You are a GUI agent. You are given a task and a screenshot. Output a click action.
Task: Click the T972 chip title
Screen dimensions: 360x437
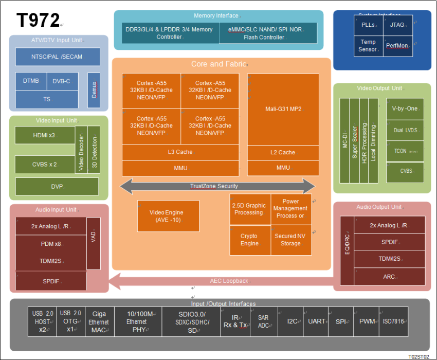[x=38, y=21]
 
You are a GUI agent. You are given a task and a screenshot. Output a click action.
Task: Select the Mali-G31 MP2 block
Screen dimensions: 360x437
[x=283, y=110]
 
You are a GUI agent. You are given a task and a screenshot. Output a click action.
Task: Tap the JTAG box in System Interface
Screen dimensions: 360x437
[x=397, y=25]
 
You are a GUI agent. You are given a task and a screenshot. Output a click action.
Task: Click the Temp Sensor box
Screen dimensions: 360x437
[x=368, y=46]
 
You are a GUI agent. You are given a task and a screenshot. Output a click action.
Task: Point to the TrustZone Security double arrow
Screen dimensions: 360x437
[x=217, y=186]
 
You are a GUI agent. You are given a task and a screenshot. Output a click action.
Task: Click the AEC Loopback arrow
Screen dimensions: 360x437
[x=226, y=281]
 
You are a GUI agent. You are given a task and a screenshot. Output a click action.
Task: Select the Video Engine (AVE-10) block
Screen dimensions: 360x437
[x=168, y=216]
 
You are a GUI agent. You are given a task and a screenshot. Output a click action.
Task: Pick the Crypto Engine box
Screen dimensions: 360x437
[x=249, y=240]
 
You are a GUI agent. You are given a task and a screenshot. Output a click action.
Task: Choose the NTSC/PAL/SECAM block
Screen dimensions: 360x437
[x=56, y=57]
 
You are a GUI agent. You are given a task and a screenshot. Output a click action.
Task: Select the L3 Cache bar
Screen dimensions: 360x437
[x=180, y=152]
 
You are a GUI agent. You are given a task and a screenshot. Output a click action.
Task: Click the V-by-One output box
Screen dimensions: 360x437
[x=405, y=109]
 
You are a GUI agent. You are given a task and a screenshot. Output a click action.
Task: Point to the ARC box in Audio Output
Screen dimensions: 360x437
[x=389, y=277]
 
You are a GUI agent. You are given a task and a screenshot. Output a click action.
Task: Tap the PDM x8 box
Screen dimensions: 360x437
[x=51, y=244]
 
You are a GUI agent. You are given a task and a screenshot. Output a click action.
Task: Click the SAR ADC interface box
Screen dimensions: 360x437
[x=263, y=321]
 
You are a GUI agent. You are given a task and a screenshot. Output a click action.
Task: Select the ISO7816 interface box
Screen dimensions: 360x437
[x=393, y=321]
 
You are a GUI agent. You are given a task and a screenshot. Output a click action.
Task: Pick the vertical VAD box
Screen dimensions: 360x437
[x=93, y=243]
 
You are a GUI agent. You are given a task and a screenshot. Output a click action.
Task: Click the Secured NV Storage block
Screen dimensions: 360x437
[x=291, y=240]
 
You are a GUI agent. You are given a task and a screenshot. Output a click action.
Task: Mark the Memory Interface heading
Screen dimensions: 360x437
[x=219, y=16]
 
